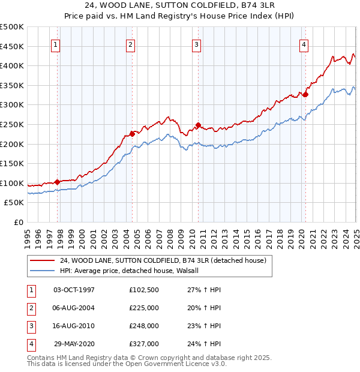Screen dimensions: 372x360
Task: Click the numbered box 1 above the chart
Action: pyautogui.click(x=55, y=44)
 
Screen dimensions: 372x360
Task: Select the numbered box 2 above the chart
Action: pyautogui.click(x=130, y=44)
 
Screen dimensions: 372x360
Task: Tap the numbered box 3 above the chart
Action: pyautogui.click(x=196, y=44)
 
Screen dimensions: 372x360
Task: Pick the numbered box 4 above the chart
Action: pyautogui.click(x=304, y=44)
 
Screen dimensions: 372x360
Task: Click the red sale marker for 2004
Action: pyautogui.click(x=132, y=134)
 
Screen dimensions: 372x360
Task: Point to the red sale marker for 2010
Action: pyautogui.click(x=198, y=125)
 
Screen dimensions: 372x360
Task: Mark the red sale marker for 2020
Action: pyautogui.click(x=305, y=94)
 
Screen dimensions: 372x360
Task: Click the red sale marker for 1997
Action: pyautogui.click(x=57, y=182)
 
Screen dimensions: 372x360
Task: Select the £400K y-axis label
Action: pyautogui.click(x=13, y=65)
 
